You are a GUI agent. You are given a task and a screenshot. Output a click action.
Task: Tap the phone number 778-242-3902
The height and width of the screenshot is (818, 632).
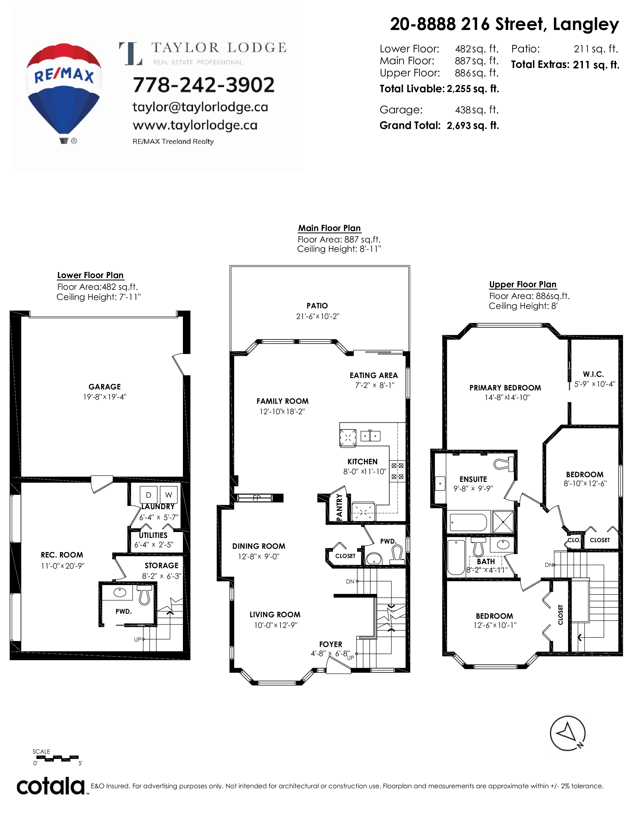pyautogui.click(x=204, y=85)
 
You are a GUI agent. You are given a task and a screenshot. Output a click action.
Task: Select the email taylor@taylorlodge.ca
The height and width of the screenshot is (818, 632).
pyautogui.click(x=200, y=108)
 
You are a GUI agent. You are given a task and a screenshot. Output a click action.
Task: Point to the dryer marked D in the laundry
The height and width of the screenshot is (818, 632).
pyautogui.click(x=149, y=495)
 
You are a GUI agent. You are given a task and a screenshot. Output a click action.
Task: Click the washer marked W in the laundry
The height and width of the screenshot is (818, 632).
pyautogui.click(x=169, y=495)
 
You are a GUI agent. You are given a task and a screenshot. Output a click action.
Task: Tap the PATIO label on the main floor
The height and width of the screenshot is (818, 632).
pyautogui.click(x=317, y=306)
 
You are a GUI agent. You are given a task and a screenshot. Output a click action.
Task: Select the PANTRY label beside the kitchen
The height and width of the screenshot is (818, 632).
pyautogui.click(x=340, y=507)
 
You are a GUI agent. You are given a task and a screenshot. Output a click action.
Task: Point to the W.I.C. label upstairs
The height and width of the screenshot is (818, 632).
pyautogui.click(x=593, y=374)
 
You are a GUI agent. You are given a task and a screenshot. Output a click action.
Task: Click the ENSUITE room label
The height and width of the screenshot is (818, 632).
pyautogui.click(x=473, y=479)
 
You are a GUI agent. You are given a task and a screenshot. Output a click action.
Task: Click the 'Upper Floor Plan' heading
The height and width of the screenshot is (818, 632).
pyautogui.click(x=523, y=284)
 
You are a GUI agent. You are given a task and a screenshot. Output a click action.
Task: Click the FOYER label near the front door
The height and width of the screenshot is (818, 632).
pyautogui.click(x=331, y=644)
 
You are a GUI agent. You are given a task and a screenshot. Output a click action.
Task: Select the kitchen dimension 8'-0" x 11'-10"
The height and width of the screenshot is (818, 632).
pyautogui.click(x=365, y=471)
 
